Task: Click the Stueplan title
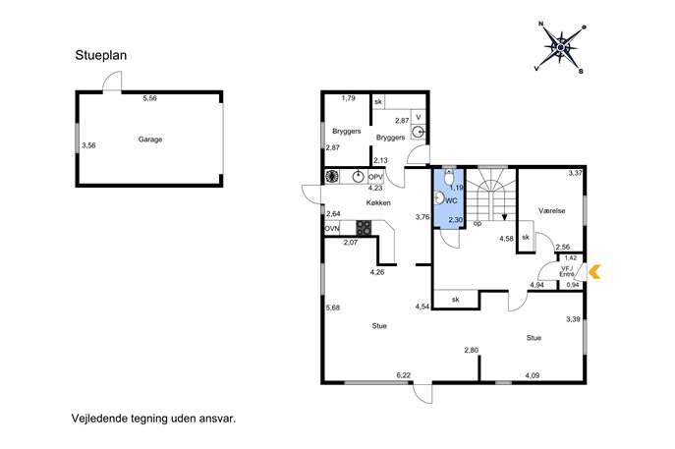pos(101,56)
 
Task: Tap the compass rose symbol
pos(560,47)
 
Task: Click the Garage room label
pos(150,140)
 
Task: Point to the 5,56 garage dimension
pos(149,98)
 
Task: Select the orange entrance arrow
pos(594,271)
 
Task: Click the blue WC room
pos(449,198)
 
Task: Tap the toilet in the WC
pos(449,176)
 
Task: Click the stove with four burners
pos(364,227)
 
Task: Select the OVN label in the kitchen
pos(332,228)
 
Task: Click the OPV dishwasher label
pos(375,177)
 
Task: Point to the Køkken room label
pos(378,202)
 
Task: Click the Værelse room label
pos(552,210)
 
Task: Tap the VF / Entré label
pos(567,271)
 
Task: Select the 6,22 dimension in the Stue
pos(404,375)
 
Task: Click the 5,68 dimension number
pos(333,308)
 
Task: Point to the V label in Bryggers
pos(418,117)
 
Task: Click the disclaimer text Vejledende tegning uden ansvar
pos(153,419)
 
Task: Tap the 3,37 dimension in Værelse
pos(575,174)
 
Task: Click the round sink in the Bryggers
pos(418,133)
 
